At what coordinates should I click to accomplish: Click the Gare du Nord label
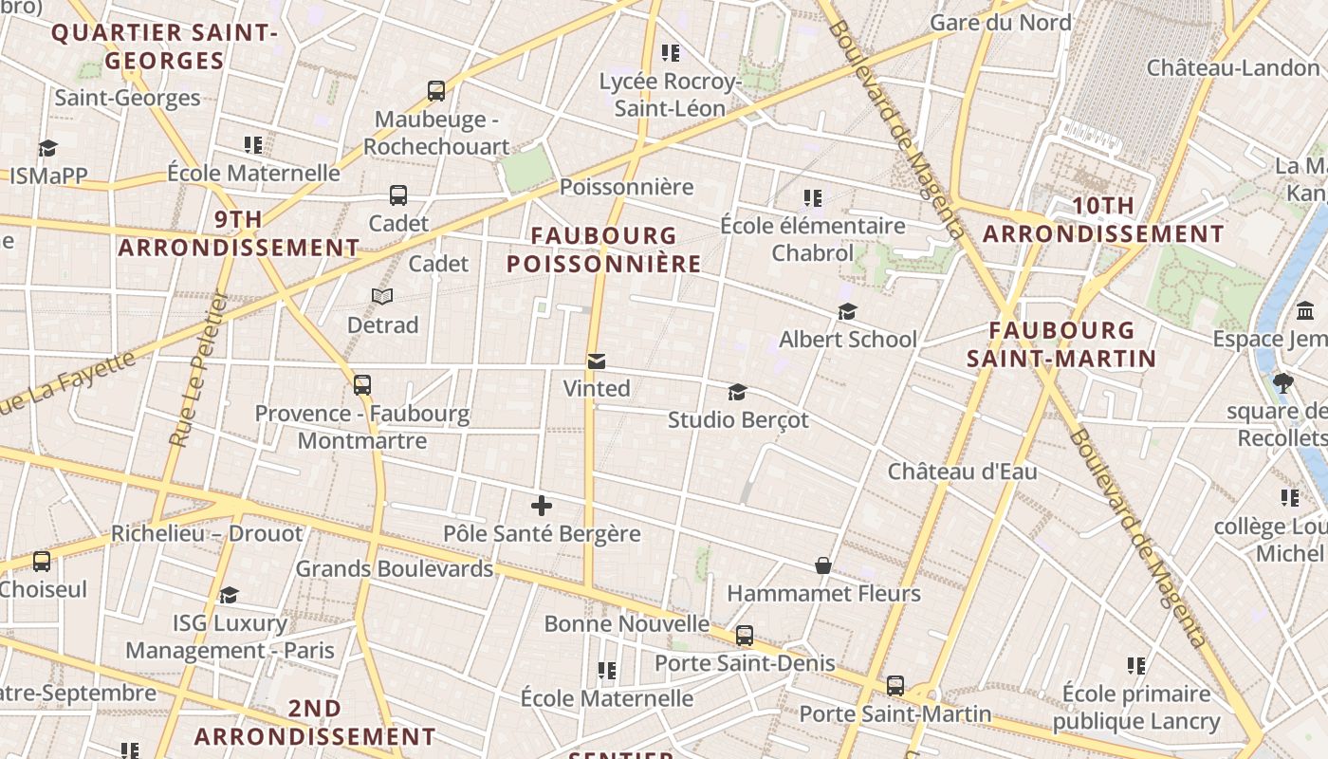(1001, 23)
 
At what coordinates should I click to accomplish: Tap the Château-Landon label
(1233, 67)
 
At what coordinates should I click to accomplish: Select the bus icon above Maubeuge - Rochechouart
(436, 91)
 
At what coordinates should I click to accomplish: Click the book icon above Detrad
(382, 297)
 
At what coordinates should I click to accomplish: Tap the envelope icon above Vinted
(597, 361)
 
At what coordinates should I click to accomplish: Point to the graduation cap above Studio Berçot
(737, 392)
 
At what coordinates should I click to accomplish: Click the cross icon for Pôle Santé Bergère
(542, 506)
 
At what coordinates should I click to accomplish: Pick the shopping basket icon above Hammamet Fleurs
(823, 566)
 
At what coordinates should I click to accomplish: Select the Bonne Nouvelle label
(626, 623)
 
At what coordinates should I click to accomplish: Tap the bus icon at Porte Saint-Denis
(745, 636)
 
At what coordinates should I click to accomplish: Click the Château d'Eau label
(962, 472)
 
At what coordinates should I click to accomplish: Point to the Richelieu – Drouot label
(207, 533)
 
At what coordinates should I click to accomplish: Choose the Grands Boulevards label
(395, 568)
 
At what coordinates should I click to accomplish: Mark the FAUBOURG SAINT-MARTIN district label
(1061, 344)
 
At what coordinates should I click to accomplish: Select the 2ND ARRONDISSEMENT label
(315, 722)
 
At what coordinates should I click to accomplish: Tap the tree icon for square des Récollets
(1284, 383)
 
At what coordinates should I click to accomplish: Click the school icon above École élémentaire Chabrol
(813, 198)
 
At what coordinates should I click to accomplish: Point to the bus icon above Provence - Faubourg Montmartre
(362, 385)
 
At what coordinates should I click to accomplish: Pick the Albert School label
(848, 339)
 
